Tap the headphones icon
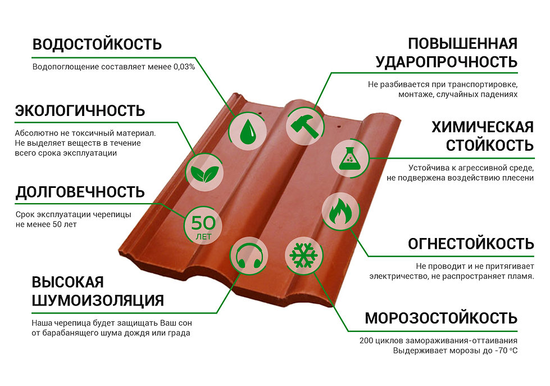pyautogui.click(x=247, y=256)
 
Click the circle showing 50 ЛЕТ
pyautogui.click(x=203, y=226)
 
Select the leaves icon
pyautogui.click(x=203, y=171)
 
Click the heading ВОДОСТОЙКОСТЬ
pyautogui.click(x=97, y=44)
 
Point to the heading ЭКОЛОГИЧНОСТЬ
pyautogui.click(x=80, y=110)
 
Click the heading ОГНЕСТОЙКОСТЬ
pyautogui.click(x=471, y=244)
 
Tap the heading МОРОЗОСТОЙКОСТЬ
pyautogui.click(x=441, y=318)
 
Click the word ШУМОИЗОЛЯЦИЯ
pyautogui.click(x=98, y=300)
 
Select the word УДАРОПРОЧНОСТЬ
pyautogui.click(x=446, y=62)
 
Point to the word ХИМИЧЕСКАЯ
pyautogui.click(x=482, y=127)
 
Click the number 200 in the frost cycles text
pyautogui.click(x=367, y=341)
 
